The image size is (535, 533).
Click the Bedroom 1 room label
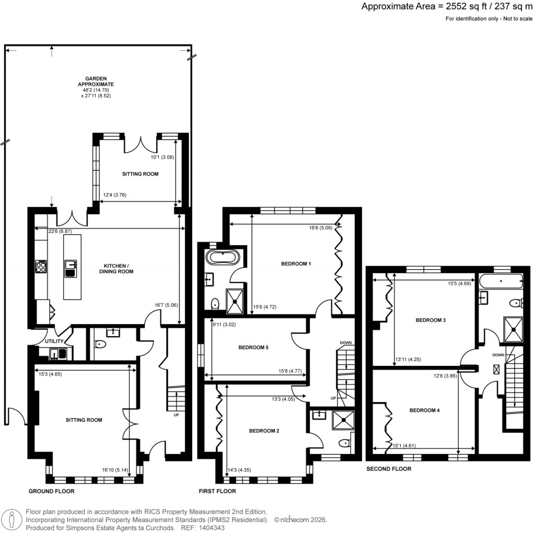(296, 264)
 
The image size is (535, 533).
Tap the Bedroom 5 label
(253, 347)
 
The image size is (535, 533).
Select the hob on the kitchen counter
(41, 267)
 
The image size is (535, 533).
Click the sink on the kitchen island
(69, 268)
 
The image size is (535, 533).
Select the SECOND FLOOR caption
(389, 469)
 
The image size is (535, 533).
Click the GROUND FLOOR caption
(51, 491)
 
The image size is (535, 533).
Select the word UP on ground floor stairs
(176, 415)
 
